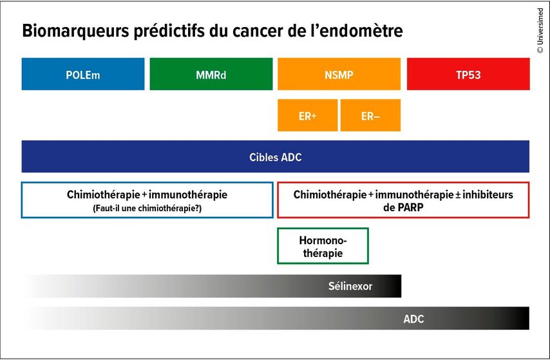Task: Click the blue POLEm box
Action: point(83,74)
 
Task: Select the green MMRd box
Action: point(211,74)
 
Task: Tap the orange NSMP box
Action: point(339,74)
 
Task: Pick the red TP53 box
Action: point(468,74)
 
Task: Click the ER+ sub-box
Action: point(308,115)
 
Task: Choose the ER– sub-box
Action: point(370,115)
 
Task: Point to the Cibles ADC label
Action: point(276,157)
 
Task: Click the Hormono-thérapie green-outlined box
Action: point(323,245)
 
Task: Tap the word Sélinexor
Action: point(350,286)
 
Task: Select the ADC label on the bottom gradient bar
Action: point(413,319)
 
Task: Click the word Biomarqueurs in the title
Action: point(76,31)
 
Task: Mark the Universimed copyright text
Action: point(540,31)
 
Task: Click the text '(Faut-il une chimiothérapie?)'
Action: point(147,209)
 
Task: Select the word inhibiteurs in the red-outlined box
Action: point(488,194)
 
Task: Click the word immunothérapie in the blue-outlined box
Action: point(188,194)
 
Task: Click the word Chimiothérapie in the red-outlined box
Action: point(330,194)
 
